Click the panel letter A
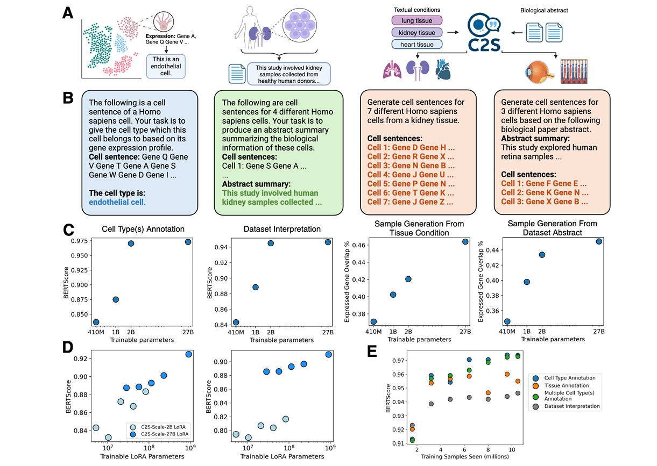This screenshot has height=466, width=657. point(68,12)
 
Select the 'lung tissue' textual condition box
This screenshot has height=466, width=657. point(416,20)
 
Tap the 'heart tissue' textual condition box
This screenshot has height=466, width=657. point(416,44)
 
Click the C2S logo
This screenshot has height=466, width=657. point(483,33)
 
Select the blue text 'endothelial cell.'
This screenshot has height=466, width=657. point(117,203)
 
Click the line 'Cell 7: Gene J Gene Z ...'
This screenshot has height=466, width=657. point(410,202)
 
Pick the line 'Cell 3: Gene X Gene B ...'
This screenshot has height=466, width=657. point(543,202)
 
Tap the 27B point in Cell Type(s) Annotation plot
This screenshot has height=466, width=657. point(188,242)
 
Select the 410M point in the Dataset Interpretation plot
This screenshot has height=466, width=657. point(236,322)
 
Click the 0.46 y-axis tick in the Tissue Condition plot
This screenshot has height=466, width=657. point(357,245)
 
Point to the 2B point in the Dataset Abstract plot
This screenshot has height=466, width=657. point(542,255)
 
